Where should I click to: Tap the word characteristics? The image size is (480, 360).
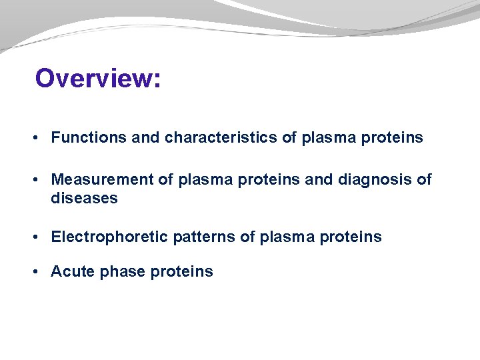point(222,138)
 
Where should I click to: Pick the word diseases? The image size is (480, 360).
point(84,198)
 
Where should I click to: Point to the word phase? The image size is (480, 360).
point(123,271)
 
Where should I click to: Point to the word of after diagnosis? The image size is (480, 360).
point(423,179)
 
